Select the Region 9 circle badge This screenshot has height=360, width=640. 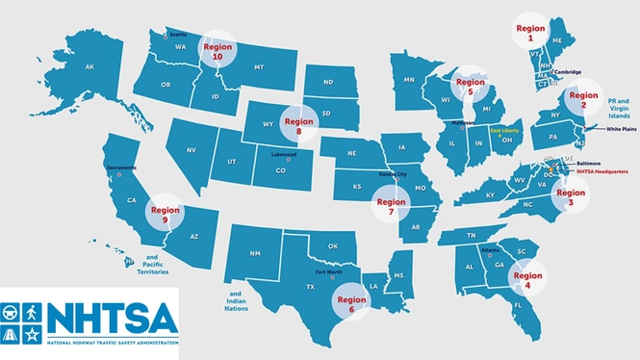[165, 215]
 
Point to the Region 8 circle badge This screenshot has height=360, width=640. [299, 126]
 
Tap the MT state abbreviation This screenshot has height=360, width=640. [259, 67]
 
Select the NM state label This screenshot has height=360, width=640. [255, 252]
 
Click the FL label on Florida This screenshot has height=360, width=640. [517, 305]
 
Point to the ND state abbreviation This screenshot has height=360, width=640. [328, 82]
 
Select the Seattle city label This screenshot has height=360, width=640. [180, 34]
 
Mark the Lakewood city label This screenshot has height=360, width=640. [283, 153]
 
